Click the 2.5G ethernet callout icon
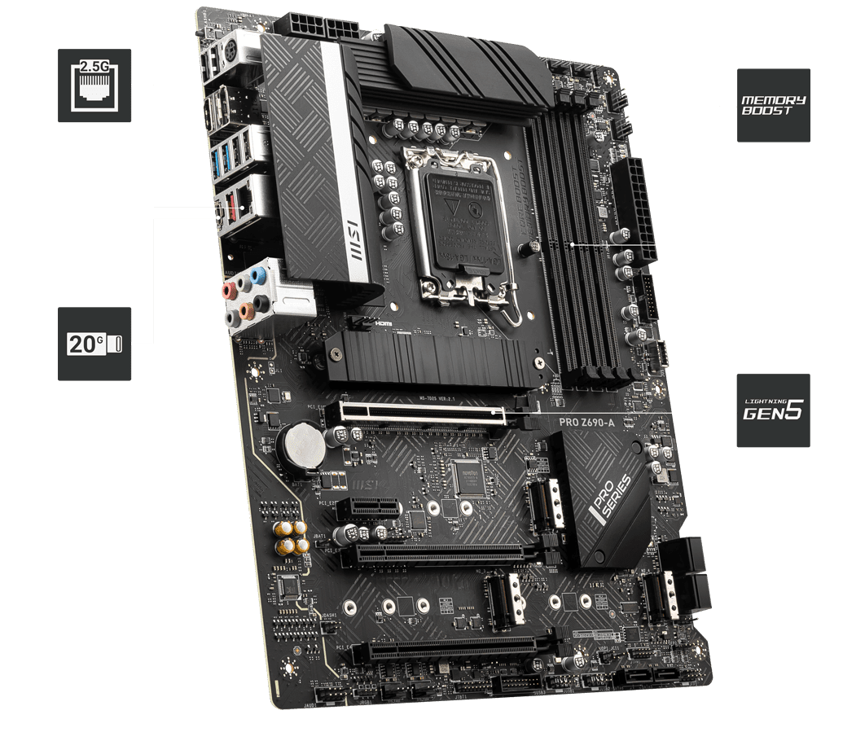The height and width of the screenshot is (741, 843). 94,85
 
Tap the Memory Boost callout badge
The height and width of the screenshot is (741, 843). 773,105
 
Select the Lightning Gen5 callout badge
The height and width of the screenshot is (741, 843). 773,410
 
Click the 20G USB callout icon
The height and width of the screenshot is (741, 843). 94,343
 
